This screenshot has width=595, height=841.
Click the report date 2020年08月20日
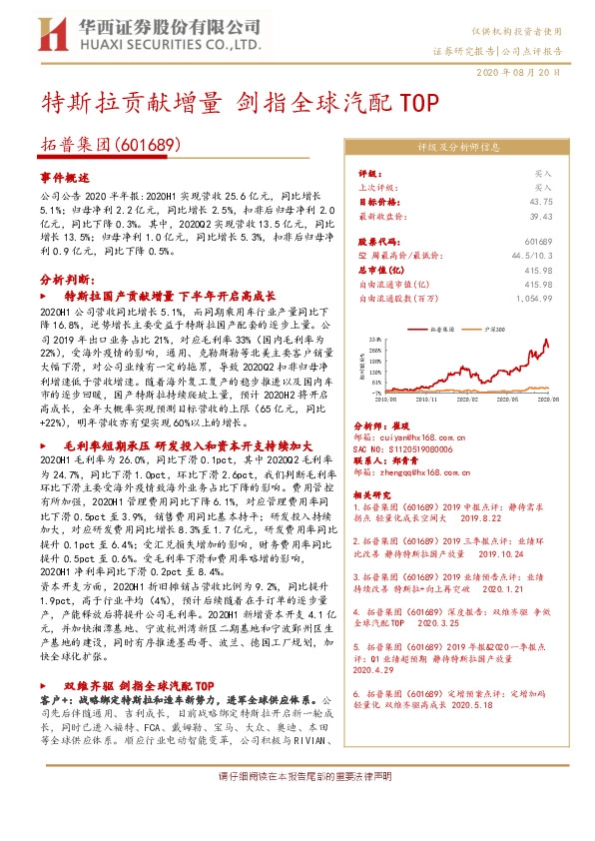[x=535, y=73]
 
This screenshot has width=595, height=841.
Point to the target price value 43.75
[x=540, y=201]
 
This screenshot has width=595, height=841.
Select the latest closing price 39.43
[x=540, y=215]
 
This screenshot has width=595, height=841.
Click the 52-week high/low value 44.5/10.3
[x=532, y=256]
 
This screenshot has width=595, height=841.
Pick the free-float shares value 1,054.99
[x=535, y=298]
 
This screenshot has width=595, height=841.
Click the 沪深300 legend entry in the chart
[x=488, y=326]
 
